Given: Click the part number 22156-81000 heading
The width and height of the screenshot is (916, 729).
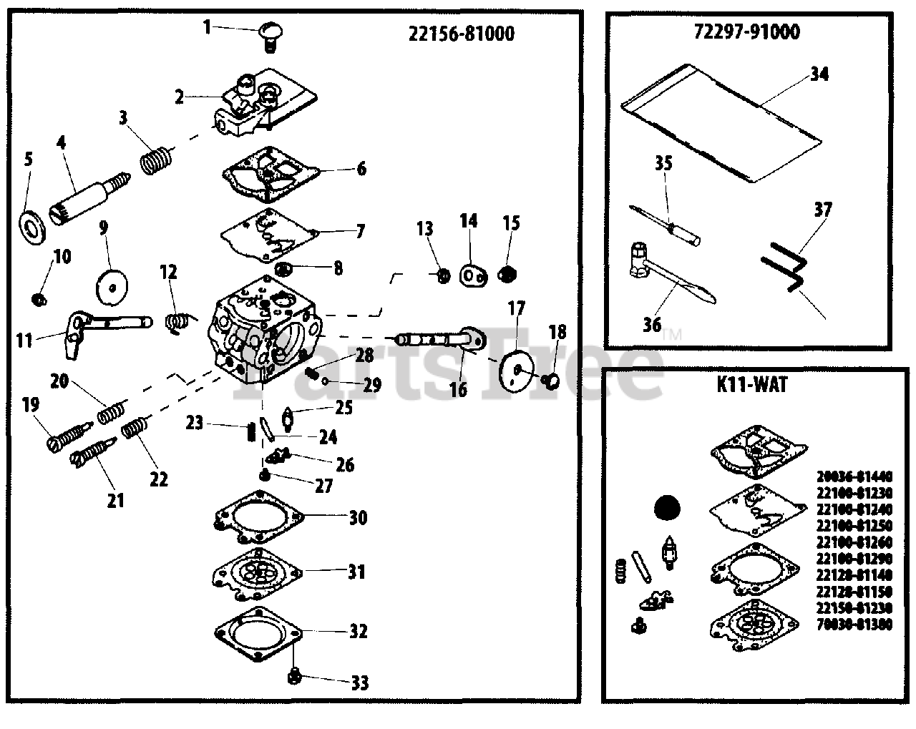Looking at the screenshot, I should [x=461, y=34].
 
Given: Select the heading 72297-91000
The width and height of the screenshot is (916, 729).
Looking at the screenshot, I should [x=747, y=31].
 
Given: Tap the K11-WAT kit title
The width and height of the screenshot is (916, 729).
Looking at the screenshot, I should [x=751, y=385].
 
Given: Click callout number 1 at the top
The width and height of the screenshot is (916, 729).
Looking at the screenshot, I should [x=207, y=27].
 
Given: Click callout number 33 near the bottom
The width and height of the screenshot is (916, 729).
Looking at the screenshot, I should [x=360, y=682].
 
